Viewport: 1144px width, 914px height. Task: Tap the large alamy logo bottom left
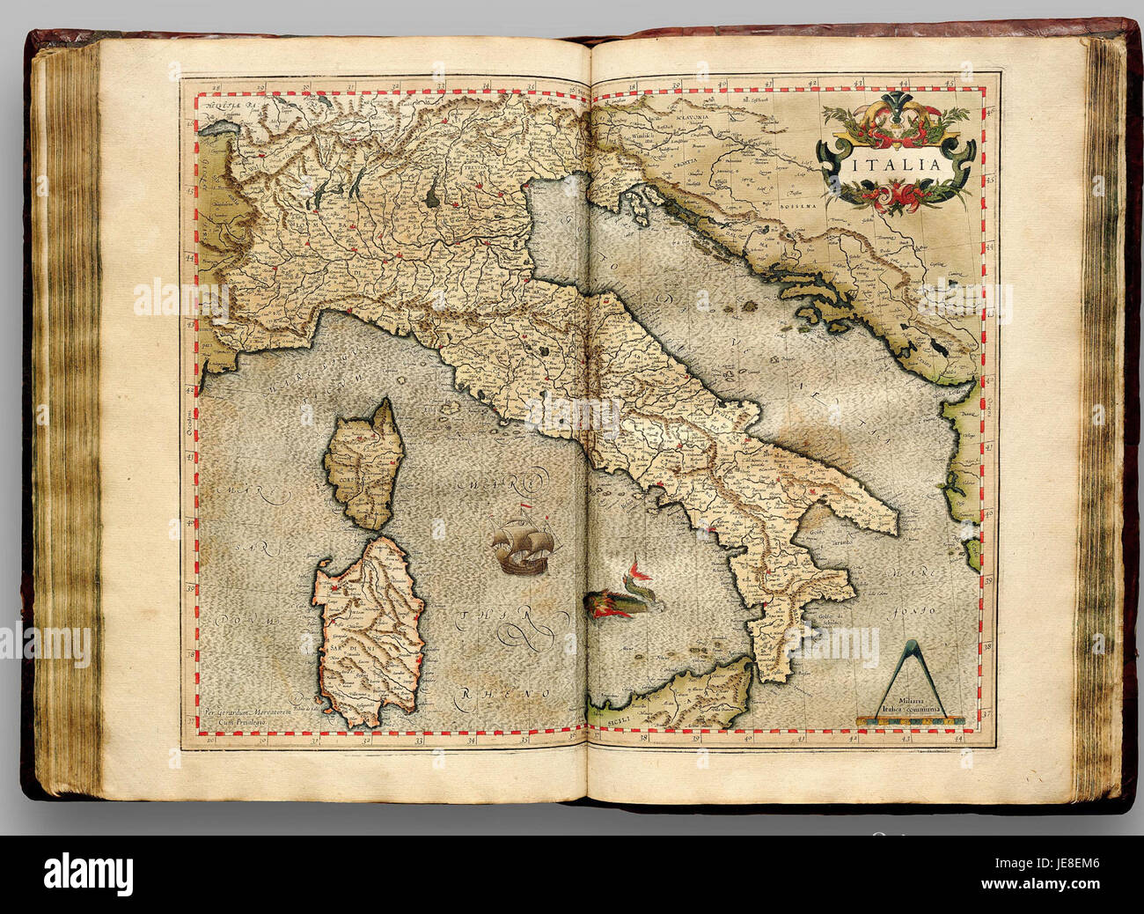[88, 873]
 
